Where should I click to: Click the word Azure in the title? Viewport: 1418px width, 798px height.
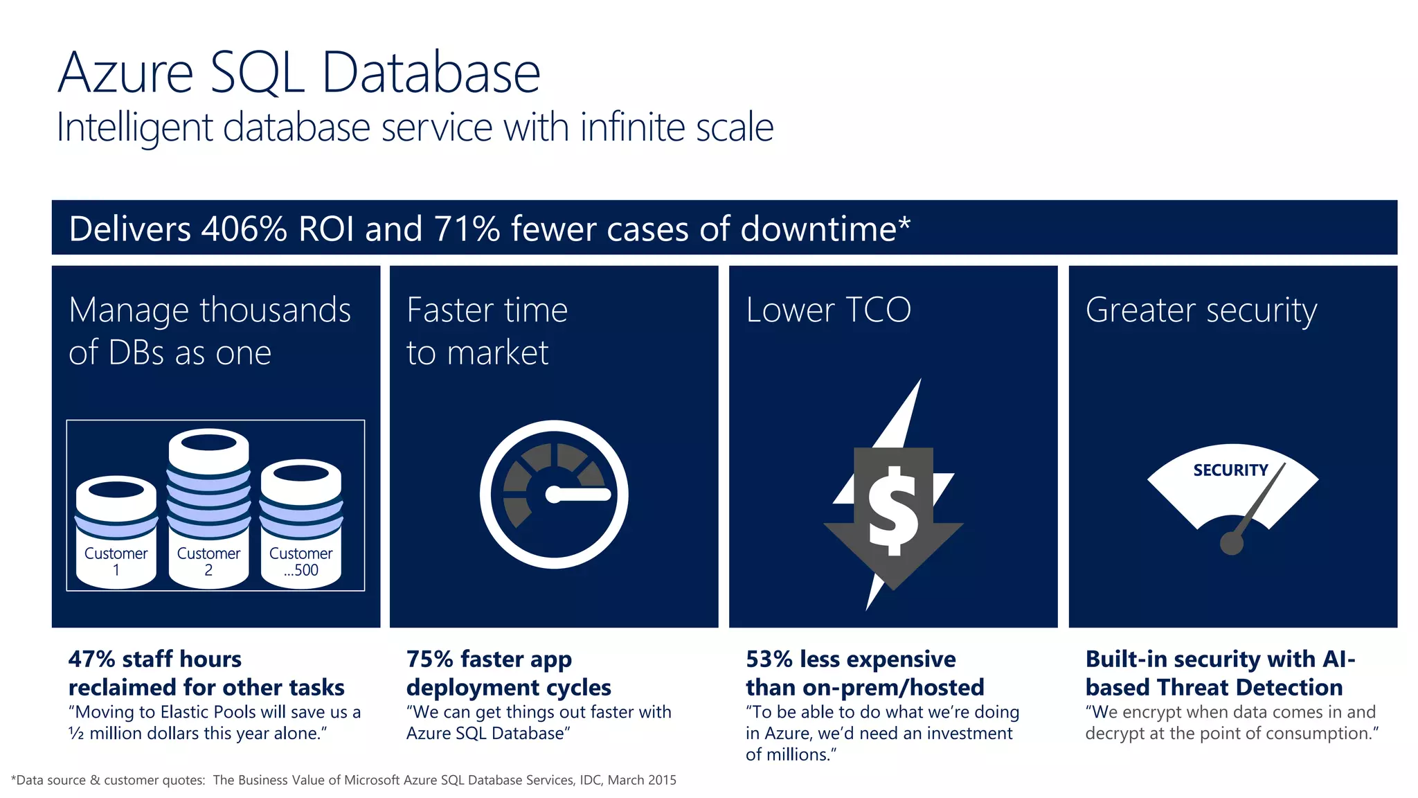click(x=125, y=73)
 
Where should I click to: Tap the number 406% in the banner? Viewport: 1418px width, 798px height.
click(x=244, y=229)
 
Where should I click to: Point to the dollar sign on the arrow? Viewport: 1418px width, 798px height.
click(x=894, y=511)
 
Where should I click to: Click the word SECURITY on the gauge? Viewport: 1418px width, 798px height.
click(x=1230, y=470)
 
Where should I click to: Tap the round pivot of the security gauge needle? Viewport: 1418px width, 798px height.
click(x=1231, y=543)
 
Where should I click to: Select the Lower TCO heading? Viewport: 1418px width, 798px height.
click(x=828, y=310)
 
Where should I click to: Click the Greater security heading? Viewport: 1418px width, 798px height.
click(x=1201, y=310)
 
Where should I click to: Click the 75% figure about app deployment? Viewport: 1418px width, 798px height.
click(x=429, y=659)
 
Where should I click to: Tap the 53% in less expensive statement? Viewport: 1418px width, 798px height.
click(x=769, y=659)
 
